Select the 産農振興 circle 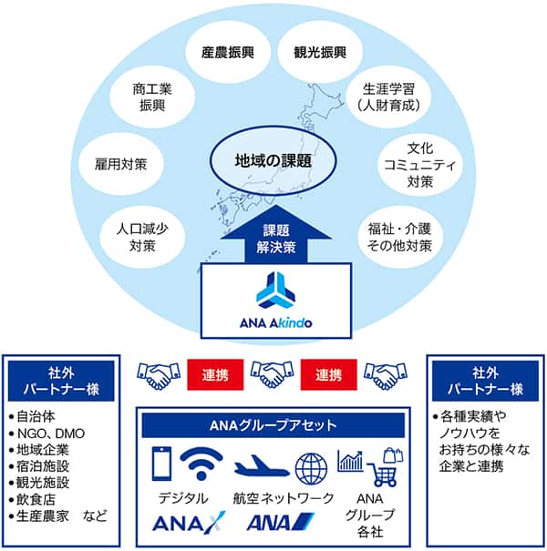(x=227, y=52)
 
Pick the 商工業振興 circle (x=152, y=97)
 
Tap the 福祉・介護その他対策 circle (x=394, y=234)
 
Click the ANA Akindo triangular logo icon (x=273, y=291)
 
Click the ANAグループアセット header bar (x=273, y=423)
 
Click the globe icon (x=310, y=466)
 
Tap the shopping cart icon (x=384, y=474)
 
